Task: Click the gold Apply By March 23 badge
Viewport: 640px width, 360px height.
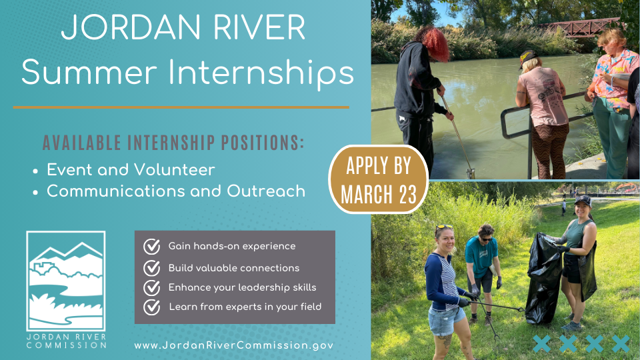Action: coord(379,179)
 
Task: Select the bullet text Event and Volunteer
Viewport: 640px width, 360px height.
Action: coord(131,170)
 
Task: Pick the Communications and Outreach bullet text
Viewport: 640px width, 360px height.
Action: coord(176,191)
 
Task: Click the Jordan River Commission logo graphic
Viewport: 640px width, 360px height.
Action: coord(66,281)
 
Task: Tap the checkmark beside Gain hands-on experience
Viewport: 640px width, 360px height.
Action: coord(151,247)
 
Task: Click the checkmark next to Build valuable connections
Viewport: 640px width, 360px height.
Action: coord(151,268)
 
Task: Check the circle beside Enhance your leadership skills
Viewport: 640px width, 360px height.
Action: coord(151,288)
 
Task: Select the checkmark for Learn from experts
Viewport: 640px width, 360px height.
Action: coord(151,307)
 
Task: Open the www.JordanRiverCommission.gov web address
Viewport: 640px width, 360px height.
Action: coord(233,345)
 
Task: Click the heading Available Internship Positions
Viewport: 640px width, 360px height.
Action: coord(173,143)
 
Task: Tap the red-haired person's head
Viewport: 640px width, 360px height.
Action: coord(432,43)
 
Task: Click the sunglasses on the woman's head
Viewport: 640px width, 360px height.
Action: coord(444,227)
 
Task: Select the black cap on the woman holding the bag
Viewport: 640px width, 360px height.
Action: coord(583,200)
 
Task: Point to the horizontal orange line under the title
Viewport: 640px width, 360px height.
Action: coord(181,107)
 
